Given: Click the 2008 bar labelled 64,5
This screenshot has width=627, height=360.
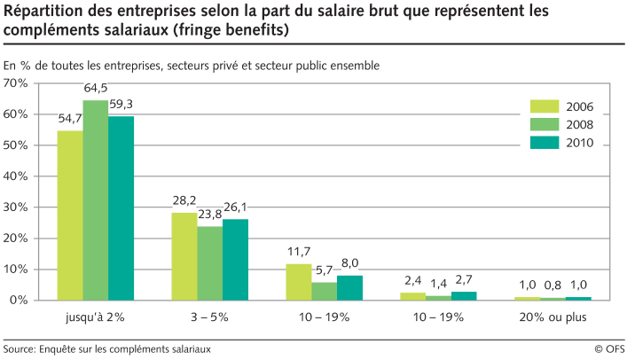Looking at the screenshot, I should click(x=96, y=200).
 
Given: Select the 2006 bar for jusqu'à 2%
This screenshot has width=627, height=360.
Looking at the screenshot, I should click(x=70, y=215).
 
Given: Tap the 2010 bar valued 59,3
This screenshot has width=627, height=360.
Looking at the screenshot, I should click(x=121, y=208).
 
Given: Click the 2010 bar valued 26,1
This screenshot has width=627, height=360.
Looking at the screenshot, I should click(x=235, y=260).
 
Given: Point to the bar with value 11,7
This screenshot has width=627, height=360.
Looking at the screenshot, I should click(x=299, y=282).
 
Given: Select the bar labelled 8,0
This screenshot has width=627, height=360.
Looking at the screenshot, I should click(x=349, y=287).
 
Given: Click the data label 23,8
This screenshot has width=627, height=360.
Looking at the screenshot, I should click(x=210, y=215).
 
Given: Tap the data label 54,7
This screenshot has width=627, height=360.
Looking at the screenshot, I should click(x=70, y=119).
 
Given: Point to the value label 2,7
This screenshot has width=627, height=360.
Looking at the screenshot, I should click(x=465, y=279).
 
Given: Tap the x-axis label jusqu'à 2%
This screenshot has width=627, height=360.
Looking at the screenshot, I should click(x=95, y=317).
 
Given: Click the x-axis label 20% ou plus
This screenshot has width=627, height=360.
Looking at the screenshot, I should click(x=553, y=317).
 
